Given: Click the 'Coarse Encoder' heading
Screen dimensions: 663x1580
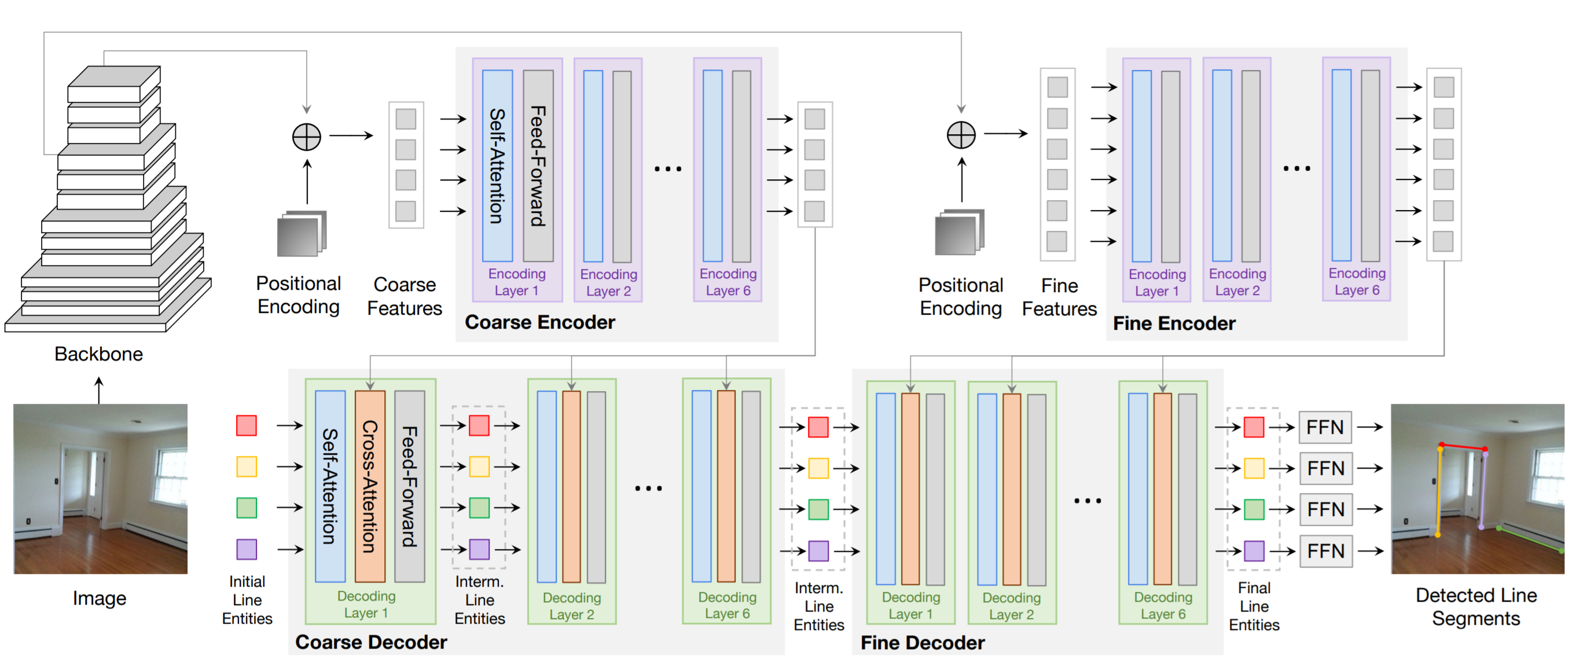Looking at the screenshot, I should click(539, 322).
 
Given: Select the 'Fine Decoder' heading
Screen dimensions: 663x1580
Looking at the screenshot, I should click(922, 642).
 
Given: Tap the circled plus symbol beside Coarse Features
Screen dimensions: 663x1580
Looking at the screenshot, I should click(306, 136).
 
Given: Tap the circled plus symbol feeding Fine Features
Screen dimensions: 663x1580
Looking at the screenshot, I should click(961, 135).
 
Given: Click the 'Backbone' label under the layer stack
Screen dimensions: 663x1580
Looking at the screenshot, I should click(98, 354).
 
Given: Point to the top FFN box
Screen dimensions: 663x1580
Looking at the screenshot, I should click(1325, 427).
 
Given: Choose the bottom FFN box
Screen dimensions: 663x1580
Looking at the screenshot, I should click(1325, 551).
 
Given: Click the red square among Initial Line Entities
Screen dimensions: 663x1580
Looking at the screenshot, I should click(246, 425).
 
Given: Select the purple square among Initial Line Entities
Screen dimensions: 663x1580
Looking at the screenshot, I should click(246, 549).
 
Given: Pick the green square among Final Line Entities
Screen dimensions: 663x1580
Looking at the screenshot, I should click(1253, 509).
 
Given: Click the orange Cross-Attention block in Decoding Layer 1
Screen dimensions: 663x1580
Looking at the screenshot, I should click(370, 486).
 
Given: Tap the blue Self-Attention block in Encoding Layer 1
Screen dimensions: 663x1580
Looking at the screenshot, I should click(497, 165).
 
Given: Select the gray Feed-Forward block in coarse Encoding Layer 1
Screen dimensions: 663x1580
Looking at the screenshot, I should click(538, 165).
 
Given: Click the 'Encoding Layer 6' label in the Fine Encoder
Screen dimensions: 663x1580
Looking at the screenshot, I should click(1356, 282).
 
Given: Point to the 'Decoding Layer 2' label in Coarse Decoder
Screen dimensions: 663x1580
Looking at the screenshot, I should click(571, 606).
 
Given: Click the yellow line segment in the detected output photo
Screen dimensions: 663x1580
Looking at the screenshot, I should click(1439, 491).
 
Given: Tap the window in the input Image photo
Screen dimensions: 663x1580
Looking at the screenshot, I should click(171, 476).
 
